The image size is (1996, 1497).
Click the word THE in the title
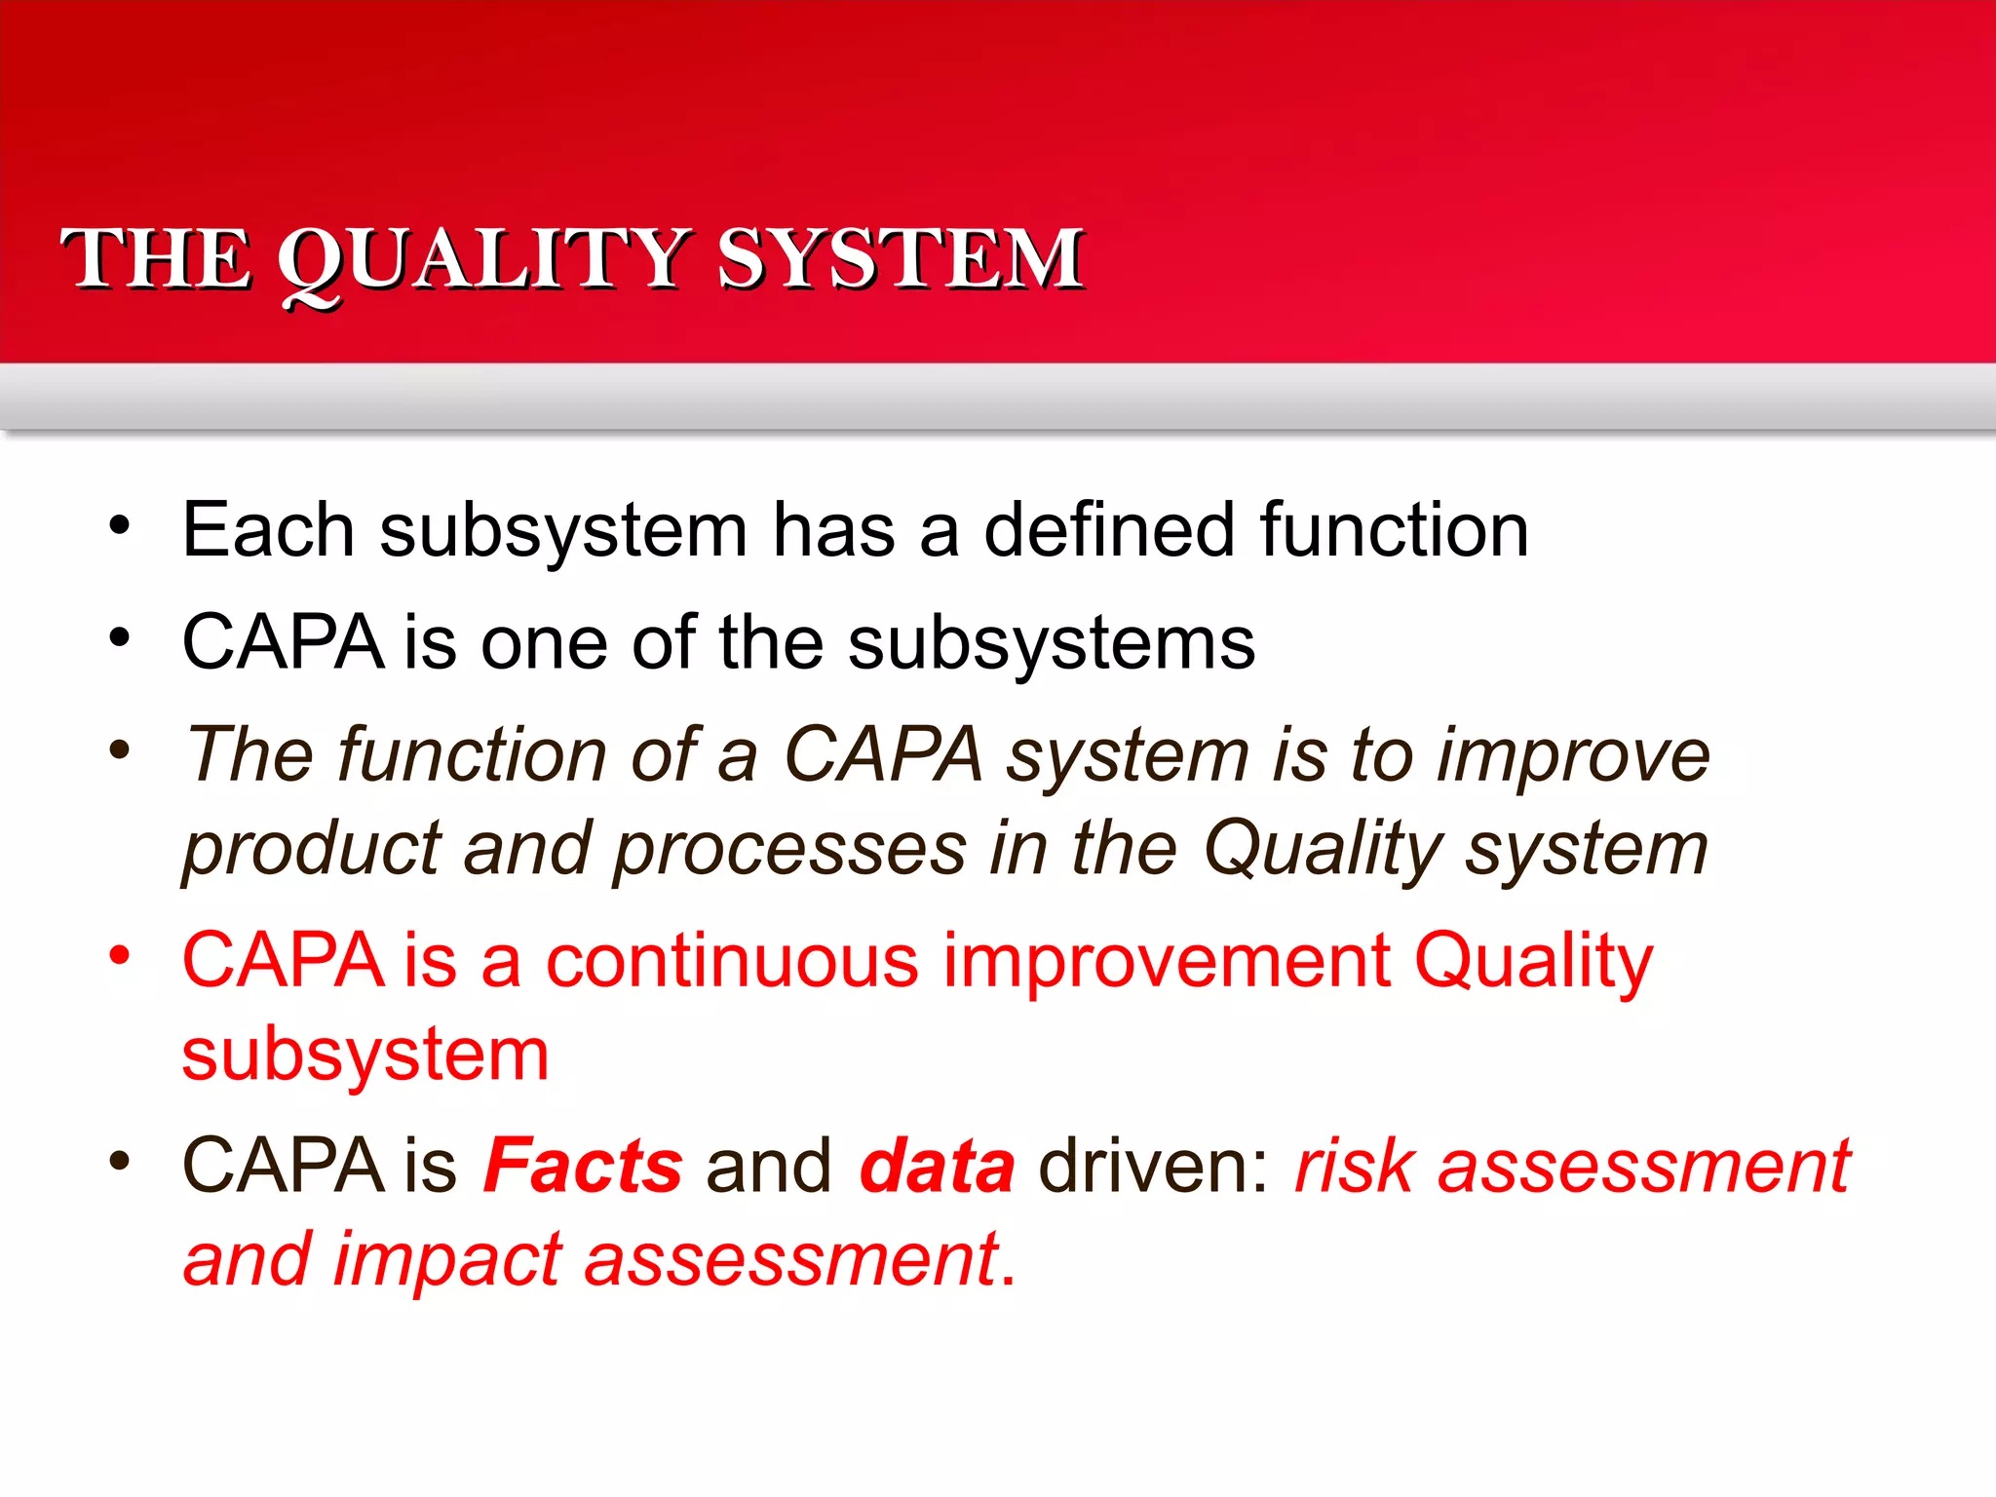coord(156,259)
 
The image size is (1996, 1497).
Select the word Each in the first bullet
coord(268,530)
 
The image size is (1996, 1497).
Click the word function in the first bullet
coord(1394,530)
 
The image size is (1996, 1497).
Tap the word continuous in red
coord(731,961)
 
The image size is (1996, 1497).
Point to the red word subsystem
coord(365,1055)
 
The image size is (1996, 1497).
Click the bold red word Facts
coord(583,1167)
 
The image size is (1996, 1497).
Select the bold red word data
coord(938,1167)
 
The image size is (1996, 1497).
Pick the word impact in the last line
coord(448,1259)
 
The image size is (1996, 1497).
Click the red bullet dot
coord(119,954)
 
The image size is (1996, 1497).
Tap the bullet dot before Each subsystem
coord(119,526)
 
